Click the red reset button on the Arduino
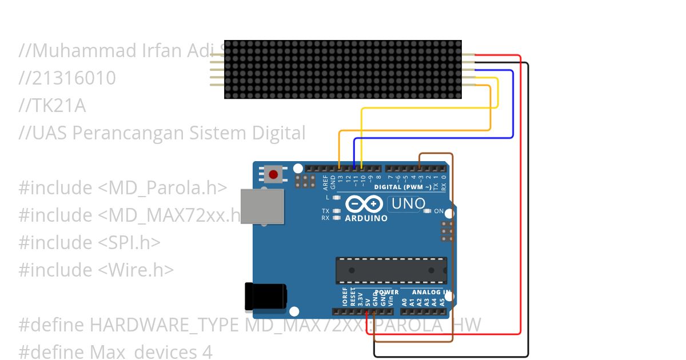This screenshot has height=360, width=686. point(273,174)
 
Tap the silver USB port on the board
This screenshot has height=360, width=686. point(262,206)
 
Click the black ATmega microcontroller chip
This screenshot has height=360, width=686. point(391,270)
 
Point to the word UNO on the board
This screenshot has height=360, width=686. point(408,203)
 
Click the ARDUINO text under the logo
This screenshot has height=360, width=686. point(366,218)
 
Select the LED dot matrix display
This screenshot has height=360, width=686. point(342,69)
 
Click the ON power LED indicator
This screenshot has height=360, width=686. point(427,211)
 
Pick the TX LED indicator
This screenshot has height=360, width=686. point(337,211)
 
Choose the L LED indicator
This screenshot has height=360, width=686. point(337,197)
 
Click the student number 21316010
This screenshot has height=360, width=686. point(67,78)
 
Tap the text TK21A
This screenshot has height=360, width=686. point(53,106)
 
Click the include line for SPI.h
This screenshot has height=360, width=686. point(89,242)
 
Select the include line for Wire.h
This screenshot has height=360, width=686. point(96,270)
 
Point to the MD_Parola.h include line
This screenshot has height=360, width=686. point(123,187)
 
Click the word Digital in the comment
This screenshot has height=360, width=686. point(279,133)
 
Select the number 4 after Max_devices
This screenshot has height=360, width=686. point(207,352)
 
